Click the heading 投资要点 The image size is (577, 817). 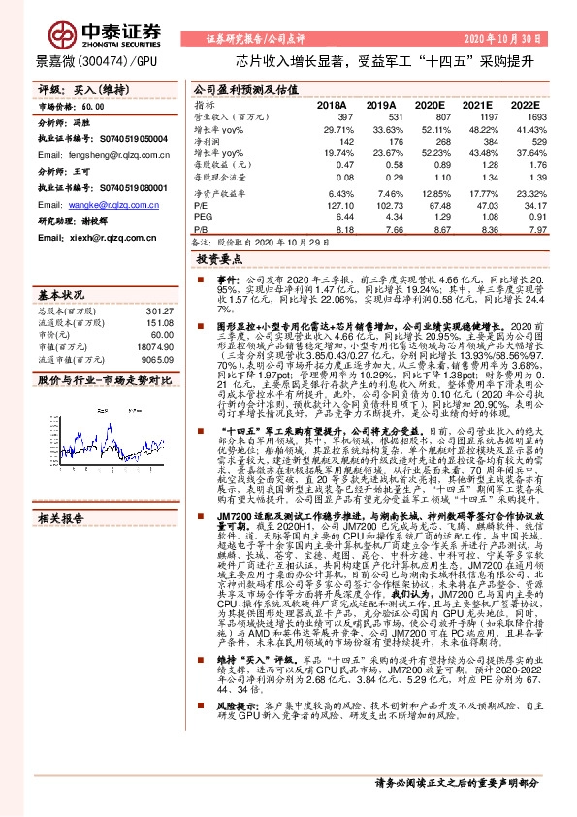pyautogui.click(x=216, y=260)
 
